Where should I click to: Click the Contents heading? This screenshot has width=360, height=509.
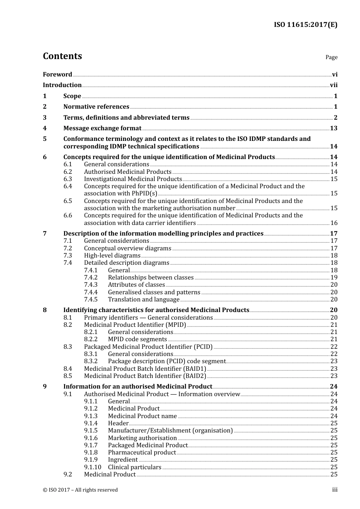coord(62,56)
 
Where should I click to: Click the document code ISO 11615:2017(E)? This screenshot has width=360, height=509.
coord(305,25)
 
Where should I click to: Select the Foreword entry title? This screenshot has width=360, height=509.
coord(57,75)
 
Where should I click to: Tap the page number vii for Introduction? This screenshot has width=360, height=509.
coord(333,85)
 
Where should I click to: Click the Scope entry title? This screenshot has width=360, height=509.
coord(72,96)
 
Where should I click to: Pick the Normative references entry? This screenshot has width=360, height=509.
coord(96,107)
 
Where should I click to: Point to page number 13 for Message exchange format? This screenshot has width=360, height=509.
coord(333,128)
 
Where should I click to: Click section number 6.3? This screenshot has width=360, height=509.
coord(67,179)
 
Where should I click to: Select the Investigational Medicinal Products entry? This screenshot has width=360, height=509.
coord(133,179)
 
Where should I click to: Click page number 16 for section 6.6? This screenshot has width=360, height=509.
coord(334,223)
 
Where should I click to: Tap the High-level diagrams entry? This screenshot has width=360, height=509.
coord(112,256)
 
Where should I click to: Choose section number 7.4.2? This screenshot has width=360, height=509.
coord(91,278)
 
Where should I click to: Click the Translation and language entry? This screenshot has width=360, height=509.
coord(144,300)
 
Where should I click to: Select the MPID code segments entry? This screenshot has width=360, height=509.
coord(137,339)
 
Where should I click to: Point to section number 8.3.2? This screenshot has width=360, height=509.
coord(91,361)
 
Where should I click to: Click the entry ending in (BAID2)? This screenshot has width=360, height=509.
coord(145,376)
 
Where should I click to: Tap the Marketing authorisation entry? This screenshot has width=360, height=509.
coord(142,438)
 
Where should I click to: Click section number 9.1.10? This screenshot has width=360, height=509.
coord(92,467)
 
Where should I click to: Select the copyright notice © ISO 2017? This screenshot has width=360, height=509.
coord(80,490)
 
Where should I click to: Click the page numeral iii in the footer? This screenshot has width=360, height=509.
coord(335,490)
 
